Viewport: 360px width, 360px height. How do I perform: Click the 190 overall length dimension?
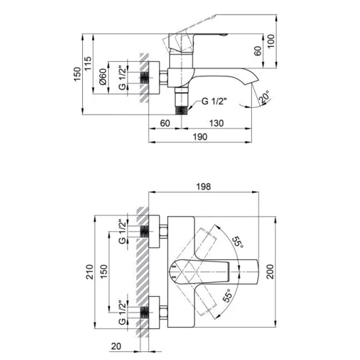point(200,137)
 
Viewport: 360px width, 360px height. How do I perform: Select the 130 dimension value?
point(216,123)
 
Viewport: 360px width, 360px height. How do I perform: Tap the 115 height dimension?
point(88,63)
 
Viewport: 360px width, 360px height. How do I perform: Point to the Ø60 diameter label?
point(102,76)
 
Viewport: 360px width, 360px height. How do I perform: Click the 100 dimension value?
point(271,41)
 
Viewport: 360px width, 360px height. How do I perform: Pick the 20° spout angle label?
point(264,96)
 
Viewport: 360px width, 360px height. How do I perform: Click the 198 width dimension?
point(204,186)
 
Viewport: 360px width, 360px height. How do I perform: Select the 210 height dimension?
point(89,271)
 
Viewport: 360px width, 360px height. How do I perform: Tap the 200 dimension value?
point(270,271)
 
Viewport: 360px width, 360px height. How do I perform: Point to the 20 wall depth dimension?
point(116,346)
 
